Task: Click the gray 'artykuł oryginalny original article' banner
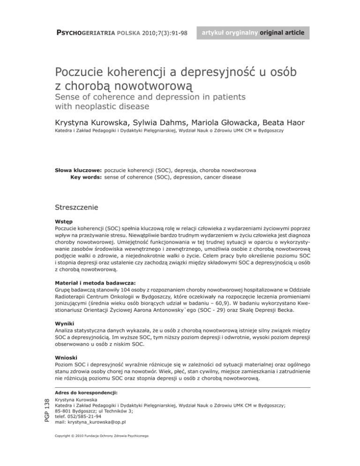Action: coord(253,33)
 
